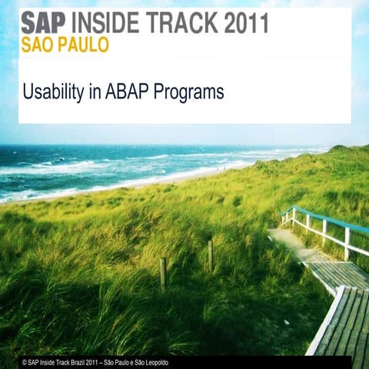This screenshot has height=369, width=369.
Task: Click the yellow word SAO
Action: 36,45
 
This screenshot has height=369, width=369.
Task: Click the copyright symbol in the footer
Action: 25,361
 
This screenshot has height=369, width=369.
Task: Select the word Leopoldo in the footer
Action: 154,361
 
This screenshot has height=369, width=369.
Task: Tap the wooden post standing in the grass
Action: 163,274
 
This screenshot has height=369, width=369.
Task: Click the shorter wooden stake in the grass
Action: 210,255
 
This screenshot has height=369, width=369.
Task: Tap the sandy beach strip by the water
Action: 115,184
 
